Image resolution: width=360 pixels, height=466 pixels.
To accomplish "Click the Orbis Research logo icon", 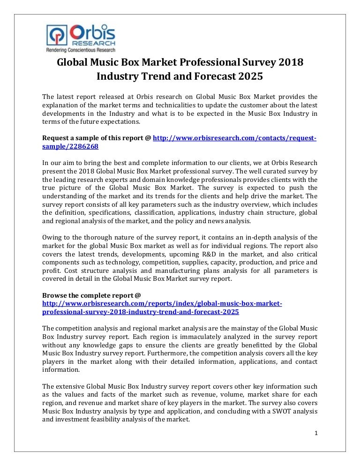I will tap(57, 36).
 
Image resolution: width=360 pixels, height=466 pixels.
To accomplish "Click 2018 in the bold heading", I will tap(290, 62).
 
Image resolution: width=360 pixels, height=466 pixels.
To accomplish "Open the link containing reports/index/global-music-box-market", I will tap(162, 304).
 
